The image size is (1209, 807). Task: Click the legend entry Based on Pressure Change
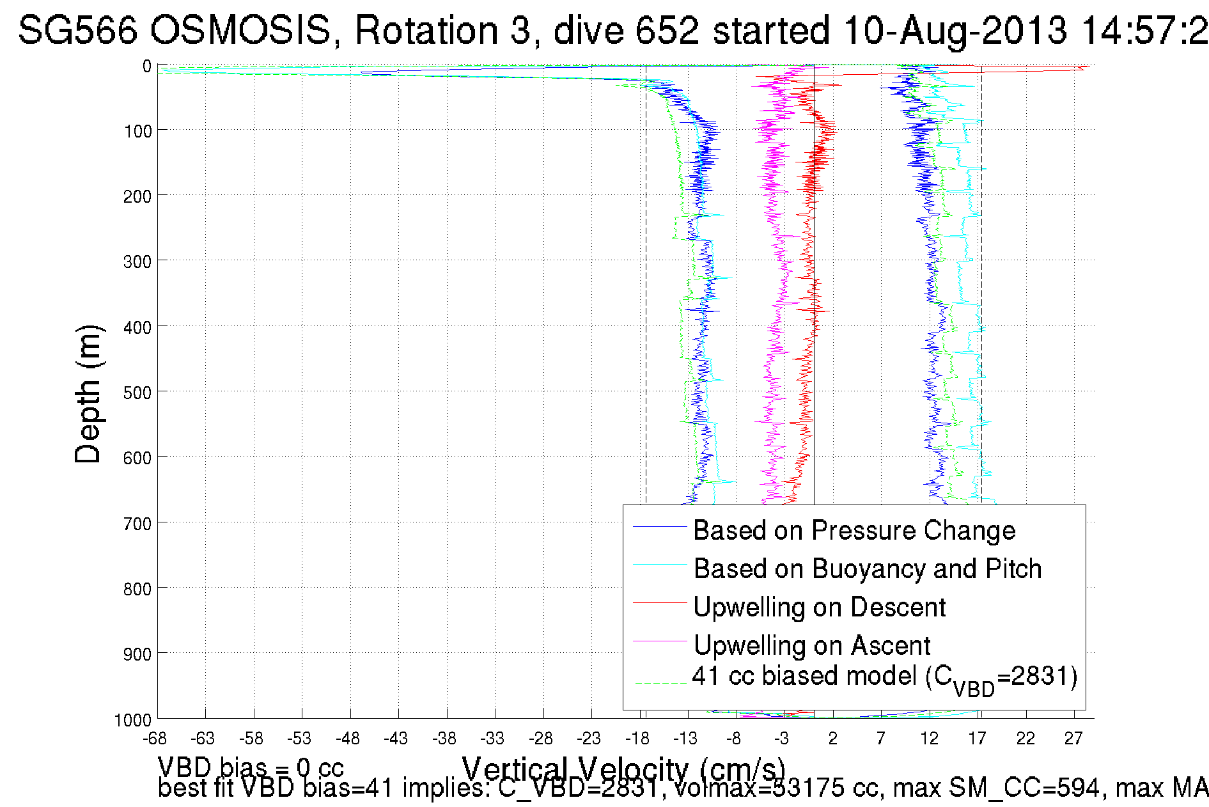pyautogui.click(x=854, y=531)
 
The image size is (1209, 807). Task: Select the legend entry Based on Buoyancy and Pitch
pyautogui.click(x=868, y=569)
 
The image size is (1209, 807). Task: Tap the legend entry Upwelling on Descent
pyautogui.click(x=819, y=607)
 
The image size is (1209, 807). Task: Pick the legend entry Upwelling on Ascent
pyautogui.click(x=811, y=646)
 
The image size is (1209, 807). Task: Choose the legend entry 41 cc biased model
pyautogui.click(x=884, y=677)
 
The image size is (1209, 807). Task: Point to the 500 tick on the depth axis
pyautogui.click(x=137, y=392)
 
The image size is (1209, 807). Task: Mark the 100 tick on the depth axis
pyautogui.click(x=137, y=131)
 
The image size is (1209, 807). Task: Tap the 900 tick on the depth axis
pyautogui.click(x=137, y=654)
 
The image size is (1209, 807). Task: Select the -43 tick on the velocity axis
pyautogui.click(x=396, y=739)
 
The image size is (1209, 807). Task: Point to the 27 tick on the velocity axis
pyautogui.click(x=1073, y=739)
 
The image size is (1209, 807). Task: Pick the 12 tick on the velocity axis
pyautogui.click(x=929, y=739)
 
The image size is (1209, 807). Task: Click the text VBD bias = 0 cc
pyautogui.click(x=251, y=767)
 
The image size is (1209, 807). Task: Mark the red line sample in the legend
pyautogui.click(x=659, y=602)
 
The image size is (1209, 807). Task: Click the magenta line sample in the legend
pyautogui.click(x=659, y=641)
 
